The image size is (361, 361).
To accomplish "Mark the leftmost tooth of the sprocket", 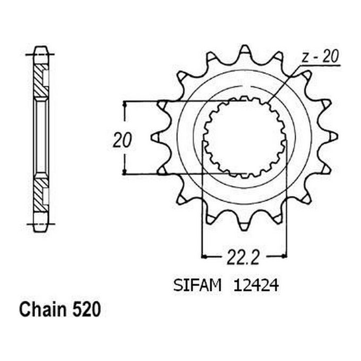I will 156,137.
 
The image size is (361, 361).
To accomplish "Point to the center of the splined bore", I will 244,137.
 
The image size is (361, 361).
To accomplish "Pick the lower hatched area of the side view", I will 40,195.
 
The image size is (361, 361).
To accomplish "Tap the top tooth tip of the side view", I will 40,50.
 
